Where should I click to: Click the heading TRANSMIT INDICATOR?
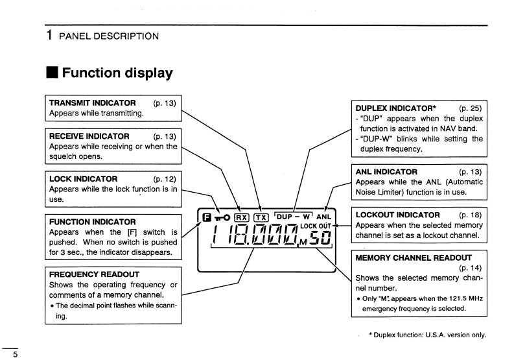(93, 102)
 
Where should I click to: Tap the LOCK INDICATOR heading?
(84, 178)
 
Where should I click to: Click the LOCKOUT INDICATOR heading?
(398, 215)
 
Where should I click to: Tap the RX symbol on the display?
(241, 217)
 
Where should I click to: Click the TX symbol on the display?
(261, 217)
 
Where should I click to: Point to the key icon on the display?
(223, 217)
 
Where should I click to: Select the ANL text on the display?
(325, 217)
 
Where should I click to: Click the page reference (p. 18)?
(471, 215)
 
